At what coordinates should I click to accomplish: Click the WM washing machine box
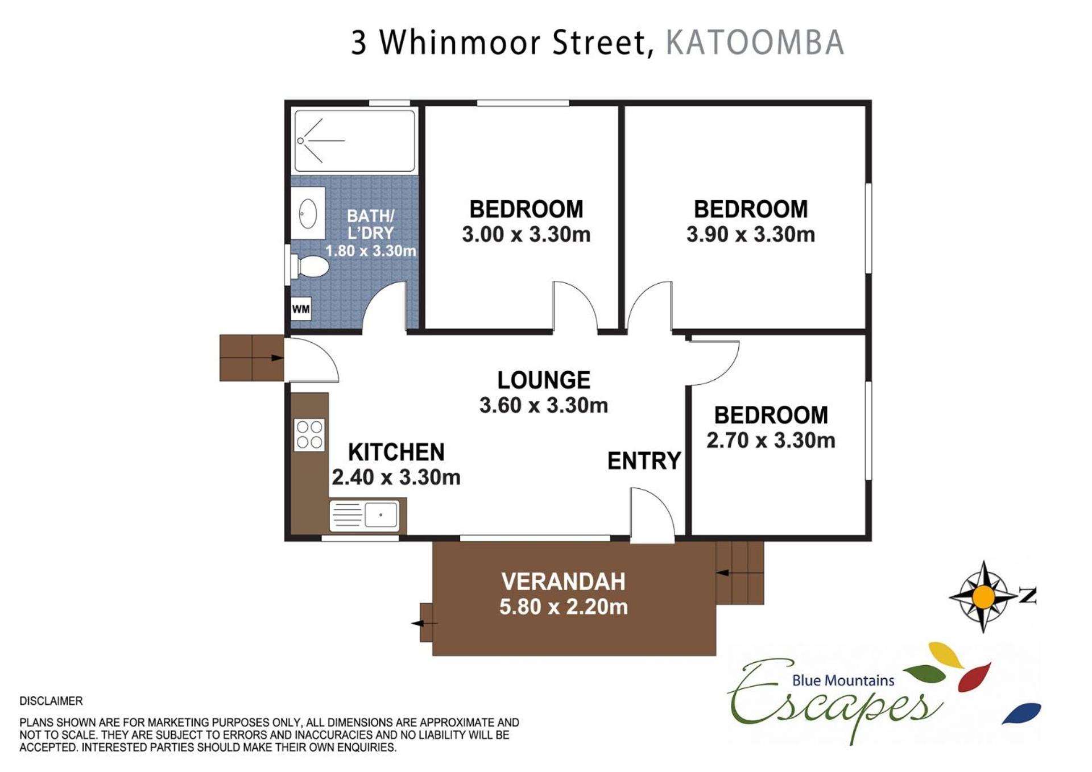[301, 309]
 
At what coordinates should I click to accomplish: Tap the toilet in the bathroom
[310, 266]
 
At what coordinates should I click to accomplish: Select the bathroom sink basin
[308, 213]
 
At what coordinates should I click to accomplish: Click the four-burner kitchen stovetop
[309, 435]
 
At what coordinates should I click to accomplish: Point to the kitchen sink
[364, 515]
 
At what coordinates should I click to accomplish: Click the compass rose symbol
[983, 597]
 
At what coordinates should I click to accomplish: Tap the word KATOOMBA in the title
[755, 43]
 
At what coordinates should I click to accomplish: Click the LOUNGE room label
[544, 380]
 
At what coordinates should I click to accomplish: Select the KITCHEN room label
[396, 452]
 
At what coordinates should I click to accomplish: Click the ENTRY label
[644, 460]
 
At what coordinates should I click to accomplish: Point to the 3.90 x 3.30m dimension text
[751, 234]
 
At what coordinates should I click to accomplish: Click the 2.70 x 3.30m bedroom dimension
[771, 440]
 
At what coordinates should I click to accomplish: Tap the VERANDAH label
[563, 582]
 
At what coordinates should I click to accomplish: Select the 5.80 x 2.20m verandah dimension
[563, 607]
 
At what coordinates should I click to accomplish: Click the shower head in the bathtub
[300, 140]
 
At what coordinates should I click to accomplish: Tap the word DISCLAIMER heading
[51, 701]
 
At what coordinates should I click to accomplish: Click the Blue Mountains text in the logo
[843, 680]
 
